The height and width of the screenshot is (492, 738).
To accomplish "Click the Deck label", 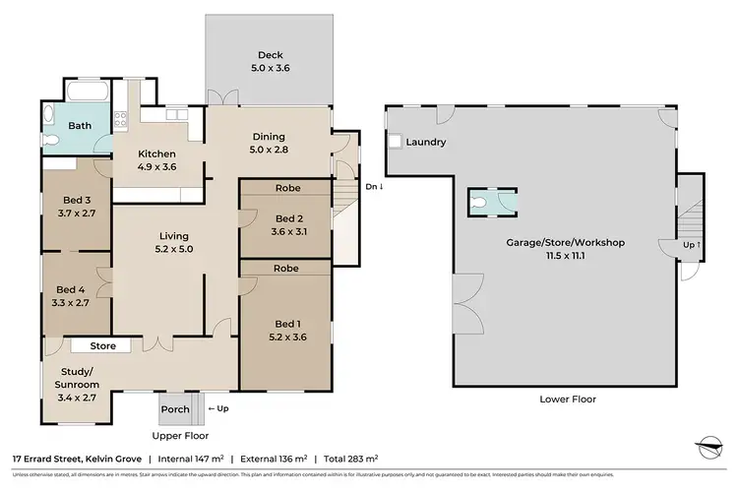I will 268,55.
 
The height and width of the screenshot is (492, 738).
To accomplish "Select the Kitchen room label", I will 156,154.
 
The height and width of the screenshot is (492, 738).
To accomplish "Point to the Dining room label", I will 268,137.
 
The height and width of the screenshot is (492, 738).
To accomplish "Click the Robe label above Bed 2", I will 287,187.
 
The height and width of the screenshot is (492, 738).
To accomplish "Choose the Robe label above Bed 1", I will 287,268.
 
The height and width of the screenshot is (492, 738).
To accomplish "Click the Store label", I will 103,346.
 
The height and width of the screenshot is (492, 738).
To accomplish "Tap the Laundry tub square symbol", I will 395,143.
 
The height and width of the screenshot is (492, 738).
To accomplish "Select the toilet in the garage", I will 478,202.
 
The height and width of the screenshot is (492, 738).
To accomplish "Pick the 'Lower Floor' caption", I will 568,400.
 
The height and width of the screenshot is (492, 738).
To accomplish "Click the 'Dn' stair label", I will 371,186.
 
